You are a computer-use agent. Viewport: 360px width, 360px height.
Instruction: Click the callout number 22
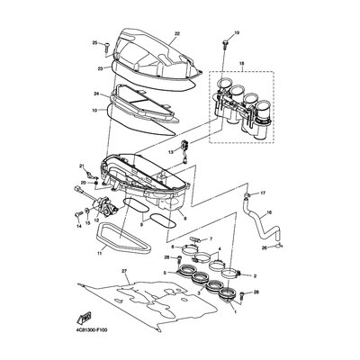point(177,33)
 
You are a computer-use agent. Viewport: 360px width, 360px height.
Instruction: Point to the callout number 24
point(94,94)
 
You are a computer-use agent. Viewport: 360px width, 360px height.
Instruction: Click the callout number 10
point(94,110)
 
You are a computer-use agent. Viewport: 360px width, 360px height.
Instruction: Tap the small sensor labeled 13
point(184,145)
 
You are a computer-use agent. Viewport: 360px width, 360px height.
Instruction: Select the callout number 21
point(80,165)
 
